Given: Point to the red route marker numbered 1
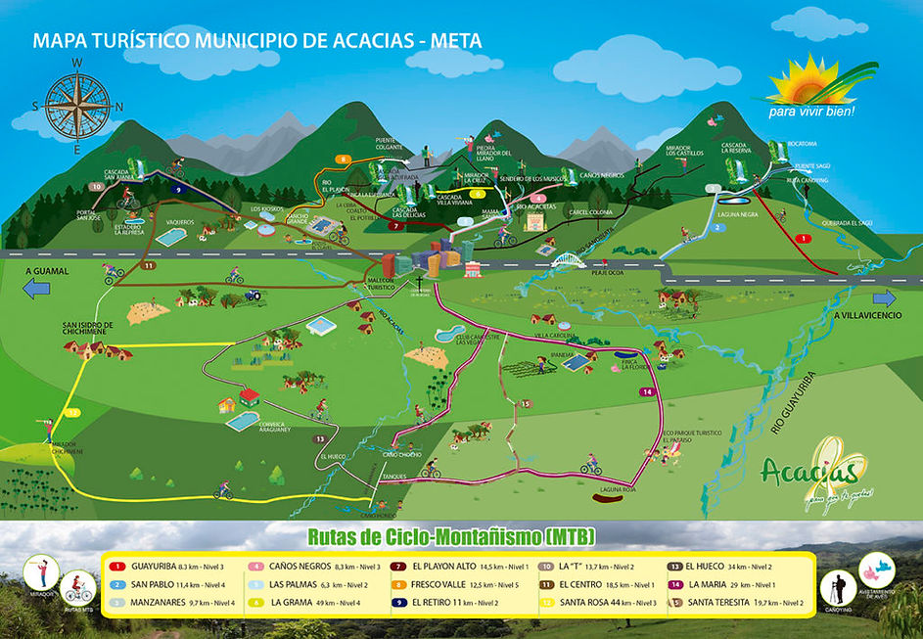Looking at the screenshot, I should click(804, 238).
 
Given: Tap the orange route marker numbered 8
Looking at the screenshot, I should click(344, 159).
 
